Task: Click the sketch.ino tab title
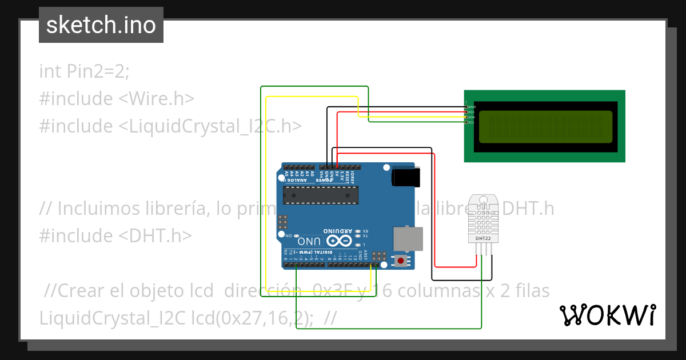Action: pos(101,25)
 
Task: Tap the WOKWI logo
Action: pos(607,315)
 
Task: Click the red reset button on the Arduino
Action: pos(401,261)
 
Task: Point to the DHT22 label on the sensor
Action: pos(483,238)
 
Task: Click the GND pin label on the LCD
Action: pos(472,107)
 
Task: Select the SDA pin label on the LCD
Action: pos(472,117)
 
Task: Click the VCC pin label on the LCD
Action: pos(472,112)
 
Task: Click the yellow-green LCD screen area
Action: pos(545,127)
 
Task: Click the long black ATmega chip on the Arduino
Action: pos(321,195)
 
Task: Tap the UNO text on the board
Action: pos(309,241)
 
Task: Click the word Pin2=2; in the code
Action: pos(98,71)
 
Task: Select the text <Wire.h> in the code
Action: pos(156,99)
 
